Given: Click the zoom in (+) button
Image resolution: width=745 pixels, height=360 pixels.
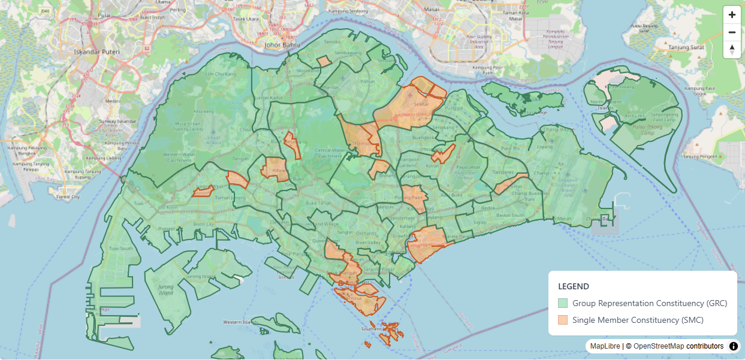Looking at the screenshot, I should (732, 15).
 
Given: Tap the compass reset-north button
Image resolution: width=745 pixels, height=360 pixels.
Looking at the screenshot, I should (732, 50).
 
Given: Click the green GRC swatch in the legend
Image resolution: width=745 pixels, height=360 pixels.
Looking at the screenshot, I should (562, 303).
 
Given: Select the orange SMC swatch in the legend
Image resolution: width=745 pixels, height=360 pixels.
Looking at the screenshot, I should (562, 320).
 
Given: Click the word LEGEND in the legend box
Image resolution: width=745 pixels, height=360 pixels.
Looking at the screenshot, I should (573, 286).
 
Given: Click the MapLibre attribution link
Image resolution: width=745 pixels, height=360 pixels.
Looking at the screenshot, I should (605, 346).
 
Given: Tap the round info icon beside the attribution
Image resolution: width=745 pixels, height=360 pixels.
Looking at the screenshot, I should (734, 346).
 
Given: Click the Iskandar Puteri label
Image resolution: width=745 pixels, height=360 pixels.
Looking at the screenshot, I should (96, 52).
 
